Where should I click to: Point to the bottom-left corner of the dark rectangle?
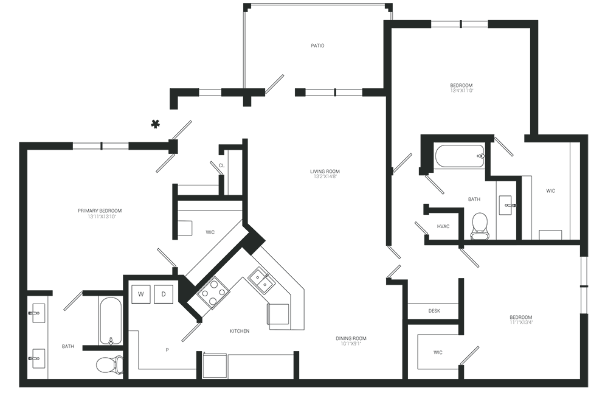[x=19, y=387]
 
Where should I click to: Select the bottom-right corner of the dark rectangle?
[x=588, y=387]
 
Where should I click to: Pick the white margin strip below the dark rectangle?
[x=304, y=397]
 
